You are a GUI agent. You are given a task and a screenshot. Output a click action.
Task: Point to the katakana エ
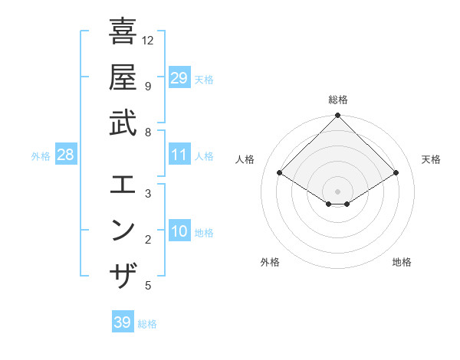123,185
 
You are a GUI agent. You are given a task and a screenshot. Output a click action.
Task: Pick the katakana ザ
123,275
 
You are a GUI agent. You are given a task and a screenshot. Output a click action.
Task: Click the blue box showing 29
179,77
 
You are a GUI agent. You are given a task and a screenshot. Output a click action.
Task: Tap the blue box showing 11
179,155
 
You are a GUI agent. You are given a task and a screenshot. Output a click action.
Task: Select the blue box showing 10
179,232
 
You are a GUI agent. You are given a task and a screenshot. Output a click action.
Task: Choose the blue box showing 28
66,155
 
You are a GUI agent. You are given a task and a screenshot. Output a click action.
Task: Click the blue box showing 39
122,322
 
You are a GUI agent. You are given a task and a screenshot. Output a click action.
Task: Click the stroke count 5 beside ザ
148,286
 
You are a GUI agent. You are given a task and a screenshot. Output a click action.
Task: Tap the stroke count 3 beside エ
148,193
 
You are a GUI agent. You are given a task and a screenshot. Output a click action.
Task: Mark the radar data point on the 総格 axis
337,116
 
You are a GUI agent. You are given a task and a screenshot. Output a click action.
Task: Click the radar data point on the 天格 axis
396,173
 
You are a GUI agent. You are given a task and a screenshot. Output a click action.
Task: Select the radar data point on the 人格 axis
280,173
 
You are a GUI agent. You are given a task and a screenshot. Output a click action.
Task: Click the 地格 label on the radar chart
402,262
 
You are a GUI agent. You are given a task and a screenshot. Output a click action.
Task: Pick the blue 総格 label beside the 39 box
147,324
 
